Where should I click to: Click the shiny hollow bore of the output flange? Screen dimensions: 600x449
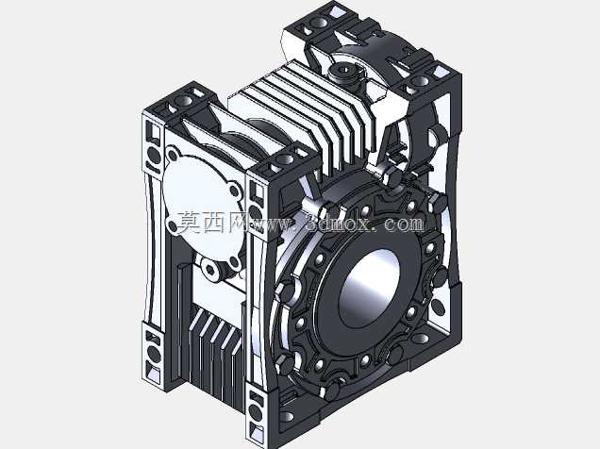[369, 288]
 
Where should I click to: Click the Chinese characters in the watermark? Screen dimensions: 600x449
[213, 223]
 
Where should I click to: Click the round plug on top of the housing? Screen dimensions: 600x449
[343, 71]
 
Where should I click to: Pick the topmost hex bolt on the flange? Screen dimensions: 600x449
[394, 176]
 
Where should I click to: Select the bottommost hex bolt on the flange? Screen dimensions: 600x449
[332, 390]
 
